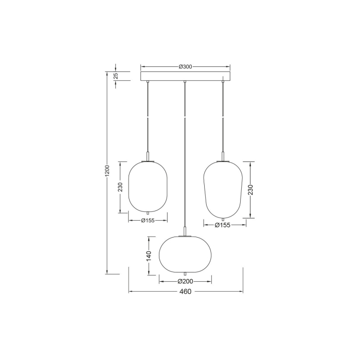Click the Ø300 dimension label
pos(185,67)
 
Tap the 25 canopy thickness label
pos(116,76)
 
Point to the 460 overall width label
pos(185,292)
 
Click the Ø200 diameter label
pos(185,281)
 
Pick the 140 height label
pos(149,256)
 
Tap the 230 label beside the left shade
pos(120,187)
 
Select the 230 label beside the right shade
pos(250,190)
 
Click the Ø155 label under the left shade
pos(148,220)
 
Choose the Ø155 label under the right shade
pos(222,225)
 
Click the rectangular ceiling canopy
pos(185,76)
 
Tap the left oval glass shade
pos(148,186)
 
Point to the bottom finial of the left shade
pos(148,213)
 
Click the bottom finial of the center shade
pos(185,273)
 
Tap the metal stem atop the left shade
pos(148,156)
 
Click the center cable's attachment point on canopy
pos(185,82)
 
